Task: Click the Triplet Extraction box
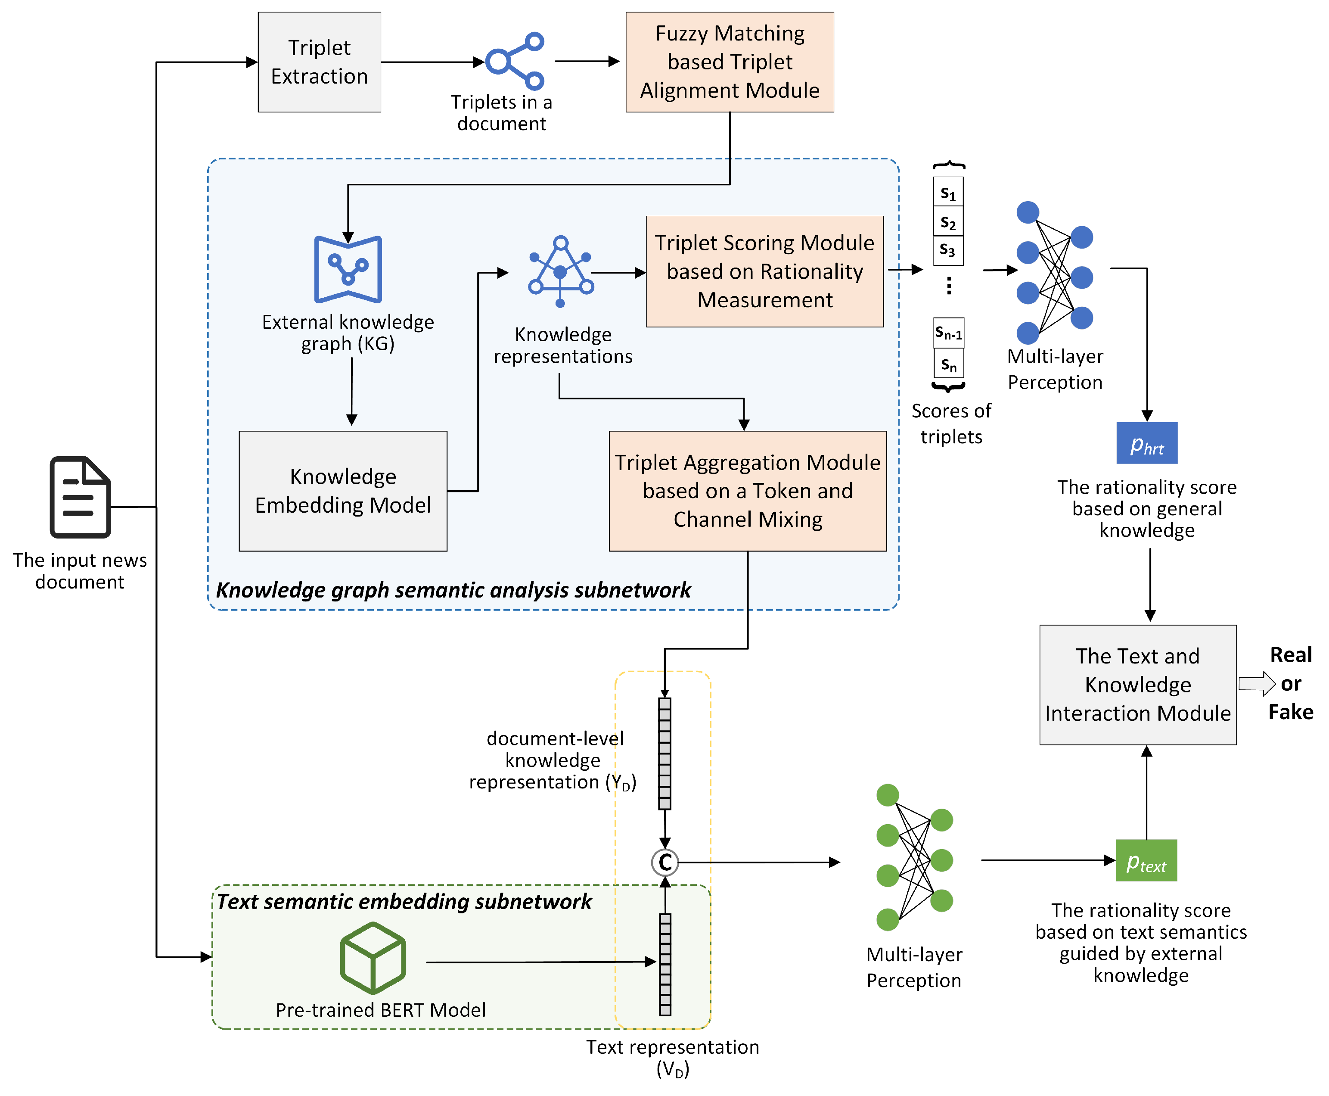tap(319, 62)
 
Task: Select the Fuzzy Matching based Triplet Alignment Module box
tap(730, 62)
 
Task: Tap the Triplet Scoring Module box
tap(765, 271)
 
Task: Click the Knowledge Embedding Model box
tap(343, 491)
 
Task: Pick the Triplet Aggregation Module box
tap(748, 491)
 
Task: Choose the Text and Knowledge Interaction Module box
tap(1138, 685)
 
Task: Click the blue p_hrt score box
tap(1147, 443)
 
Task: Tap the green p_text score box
tap(1147, 860)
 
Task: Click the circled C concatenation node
tap(665, 862)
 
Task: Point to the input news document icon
tap(80, 498)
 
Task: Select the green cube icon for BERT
tap(373, 958)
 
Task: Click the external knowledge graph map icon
tap(348, 270)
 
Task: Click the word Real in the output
tap(1291, 655)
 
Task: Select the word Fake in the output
tap(1291, 712)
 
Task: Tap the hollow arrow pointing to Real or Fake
tap(1257, 684)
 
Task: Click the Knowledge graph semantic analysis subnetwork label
tap(453, 590)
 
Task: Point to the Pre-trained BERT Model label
tap(381, 1010)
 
